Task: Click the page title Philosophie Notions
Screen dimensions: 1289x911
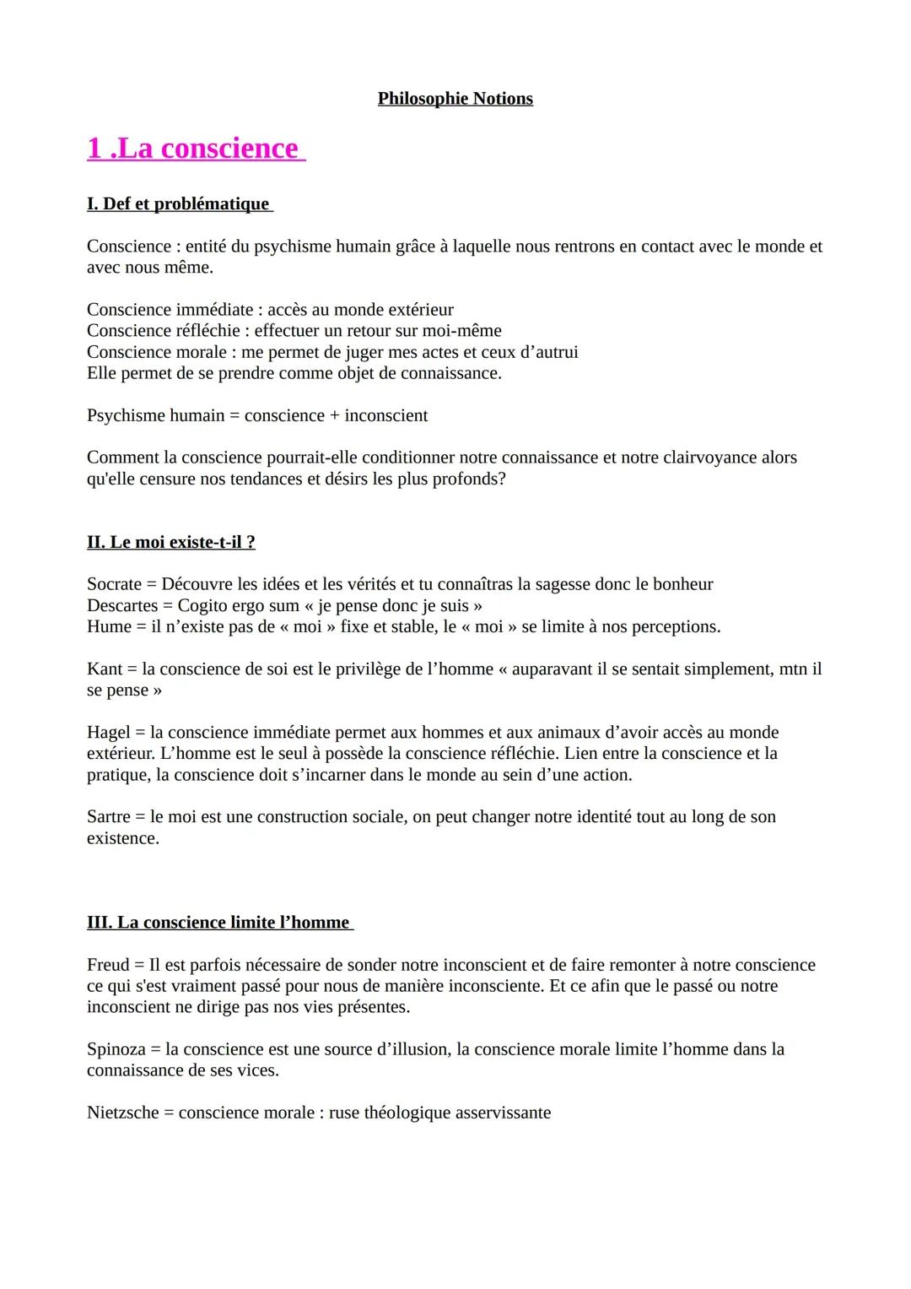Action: click(x=455, y=99)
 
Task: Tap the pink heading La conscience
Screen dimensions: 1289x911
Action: click(x=195, y=149)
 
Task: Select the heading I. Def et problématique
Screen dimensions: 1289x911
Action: click(x=179, y=204)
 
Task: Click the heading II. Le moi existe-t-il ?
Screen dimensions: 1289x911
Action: click(x=170, y=542)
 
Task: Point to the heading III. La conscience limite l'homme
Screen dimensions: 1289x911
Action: click(x=218, y=923)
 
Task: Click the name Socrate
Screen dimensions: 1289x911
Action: click(x=114, y=584)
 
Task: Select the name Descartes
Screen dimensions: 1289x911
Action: click(x=122, y=605)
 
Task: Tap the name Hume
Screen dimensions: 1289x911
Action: click(x=110, y=626)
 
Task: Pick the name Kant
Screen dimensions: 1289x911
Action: click(x=105, y=669)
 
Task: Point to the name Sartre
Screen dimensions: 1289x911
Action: click(x=109, y=816)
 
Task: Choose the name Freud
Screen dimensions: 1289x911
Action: click(x=108, y=965)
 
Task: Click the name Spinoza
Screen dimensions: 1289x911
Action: click(x=116, y=1049)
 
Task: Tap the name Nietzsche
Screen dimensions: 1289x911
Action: click(x=123, y=1113)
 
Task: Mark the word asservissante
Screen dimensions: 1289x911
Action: click(x=503, y=1113)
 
